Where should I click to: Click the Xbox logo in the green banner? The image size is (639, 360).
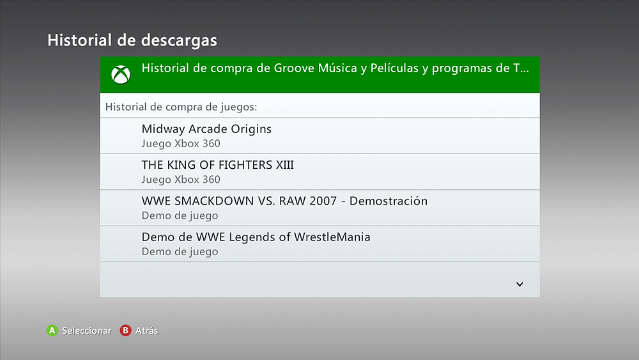[x=121, y=75]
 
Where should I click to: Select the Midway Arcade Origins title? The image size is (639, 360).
[x=206, y=129]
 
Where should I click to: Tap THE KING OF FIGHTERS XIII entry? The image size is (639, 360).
[x=218, y=165]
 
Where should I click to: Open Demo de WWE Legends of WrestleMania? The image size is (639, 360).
[x=256, y=237]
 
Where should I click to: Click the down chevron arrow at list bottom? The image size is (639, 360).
[x=520, y=284]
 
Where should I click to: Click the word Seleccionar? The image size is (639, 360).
[x=86, y=331]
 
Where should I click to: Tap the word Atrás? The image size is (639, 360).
[x=147, y=331]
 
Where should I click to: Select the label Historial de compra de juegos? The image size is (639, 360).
[x=181, y=107]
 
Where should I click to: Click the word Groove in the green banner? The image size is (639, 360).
[x=293, y=68]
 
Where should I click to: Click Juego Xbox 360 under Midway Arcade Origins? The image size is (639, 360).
[x=181, y=144]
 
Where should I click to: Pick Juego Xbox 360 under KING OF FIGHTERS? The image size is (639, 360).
[x=181, y=180]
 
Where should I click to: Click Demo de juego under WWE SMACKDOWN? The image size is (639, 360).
[x=180, y=215]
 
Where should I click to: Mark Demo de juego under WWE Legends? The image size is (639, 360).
[x=180, y=252]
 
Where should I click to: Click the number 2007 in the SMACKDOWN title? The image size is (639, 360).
[x=323, y=201]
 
